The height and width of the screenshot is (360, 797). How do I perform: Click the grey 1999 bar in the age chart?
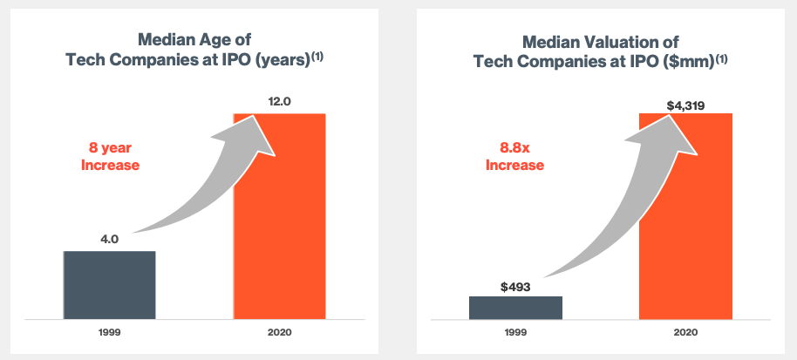[109, 285]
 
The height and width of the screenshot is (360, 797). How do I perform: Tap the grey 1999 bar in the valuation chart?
[515, 308]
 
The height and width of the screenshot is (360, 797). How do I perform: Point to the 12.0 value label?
[279, 102]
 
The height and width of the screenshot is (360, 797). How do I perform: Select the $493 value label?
[515, 285]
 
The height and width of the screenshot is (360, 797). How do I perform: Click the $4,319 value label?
[685, 105]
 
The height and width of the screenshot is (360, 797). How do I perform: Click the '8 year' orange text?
[110, 148]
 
